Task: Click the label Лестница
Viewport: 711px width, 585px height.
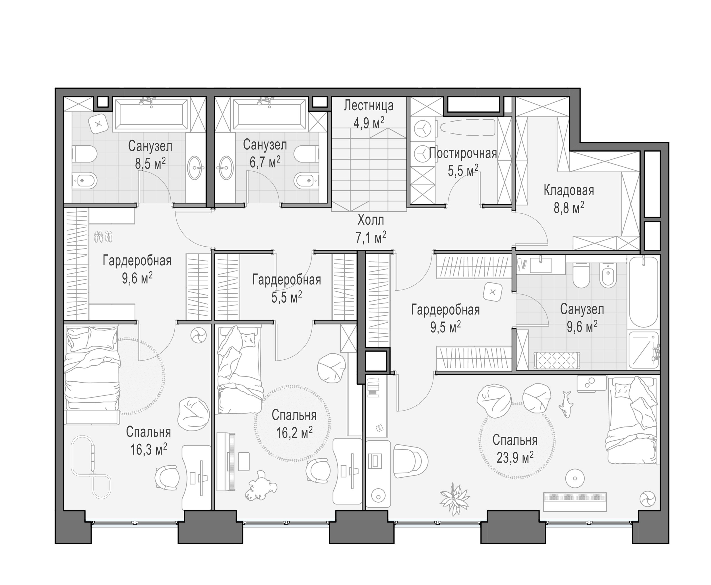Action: point(369,106)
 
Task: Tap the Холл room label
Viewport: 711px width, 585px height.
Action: point(371,220)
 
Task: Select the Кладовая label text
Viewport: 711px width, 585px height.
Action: point(569,191)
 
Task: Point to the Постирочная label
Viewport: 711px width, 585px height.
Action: point(463,154)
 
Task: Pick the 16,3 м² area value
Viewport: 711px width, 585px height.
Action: point(149,449)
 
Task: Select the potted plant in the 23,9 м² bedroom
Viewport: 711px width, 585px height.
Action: point(455,499)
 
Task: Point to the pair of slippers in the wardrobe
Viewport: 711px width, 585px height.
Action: point(103,236)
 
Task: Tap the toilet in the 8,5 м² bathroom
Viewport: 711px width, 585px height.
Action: point(84,154)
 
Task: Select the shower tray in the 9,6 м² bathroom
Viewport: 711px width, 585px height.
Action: point(643,350)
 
